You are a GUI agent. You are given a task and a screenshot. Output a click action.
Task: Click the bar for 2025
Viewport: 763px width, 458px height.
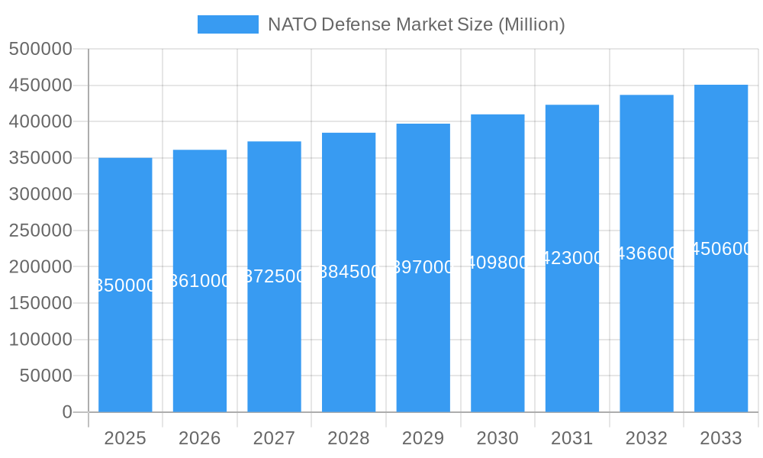click(125, 343)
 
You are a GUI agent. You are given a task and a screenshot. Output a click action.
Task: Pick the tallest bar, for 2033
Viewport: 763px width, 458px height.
click(721, 328)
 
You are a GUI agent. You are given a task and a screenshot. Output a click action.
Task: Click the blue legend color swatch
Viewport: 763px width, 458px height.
click(227, 24)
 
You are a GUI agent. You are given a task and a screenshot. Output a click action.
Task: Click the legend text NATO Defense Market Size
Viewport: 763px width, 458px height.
click(416, 24)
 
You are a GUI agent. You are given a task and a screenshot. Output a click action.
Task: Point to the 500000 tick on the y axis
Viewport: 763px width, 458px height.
click(40, 50)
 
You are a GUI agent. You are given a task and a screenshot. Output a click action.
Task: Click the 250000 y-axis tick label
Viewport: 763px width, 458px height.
click(40, 231)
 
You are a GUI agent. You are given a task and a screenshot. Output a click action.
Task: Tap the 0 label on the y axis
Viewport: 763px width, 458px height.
click(67, 412)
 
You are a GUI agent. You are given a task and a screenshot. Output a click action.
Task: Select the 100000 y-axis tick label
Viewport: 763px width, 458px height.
click(40, 340)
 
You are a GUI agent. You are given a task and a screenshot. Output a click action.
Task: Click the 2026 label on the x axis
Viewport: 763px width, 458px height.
click(200, 438)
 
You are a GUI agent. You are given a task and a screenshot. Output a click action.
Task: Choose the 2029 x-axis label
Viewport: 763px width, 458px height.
click(423, 438)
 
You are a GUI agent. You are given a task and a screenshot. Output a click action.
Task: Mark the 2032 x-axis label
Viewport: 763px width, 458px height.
click(646, 438)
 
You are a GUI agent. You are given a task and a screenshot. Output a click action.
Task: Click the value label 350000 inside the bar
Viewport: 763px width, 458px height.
click(125, 285)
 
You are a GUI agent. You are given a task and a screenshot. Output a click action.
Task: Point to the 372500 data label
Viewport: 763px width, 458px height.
click(275, 276)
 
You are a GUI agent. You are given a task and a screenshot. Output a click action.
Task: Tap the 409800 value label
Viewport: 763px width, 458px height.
click(497, 263)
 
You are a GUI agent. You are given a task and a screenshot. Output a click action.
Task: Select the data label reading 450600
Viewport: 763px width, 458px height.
click(721, 249)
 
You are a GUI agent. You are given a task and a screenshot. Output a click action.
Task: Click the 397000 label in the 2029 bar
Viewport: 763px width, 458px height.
click(423, 267)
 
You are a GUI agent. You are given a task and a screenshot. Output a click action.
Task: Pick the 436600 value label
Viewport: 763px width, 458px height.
click(646, 253)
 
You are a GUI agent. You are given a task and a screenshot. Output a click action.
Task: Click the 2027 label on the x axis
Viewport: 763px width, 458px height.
click(275, 438)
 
